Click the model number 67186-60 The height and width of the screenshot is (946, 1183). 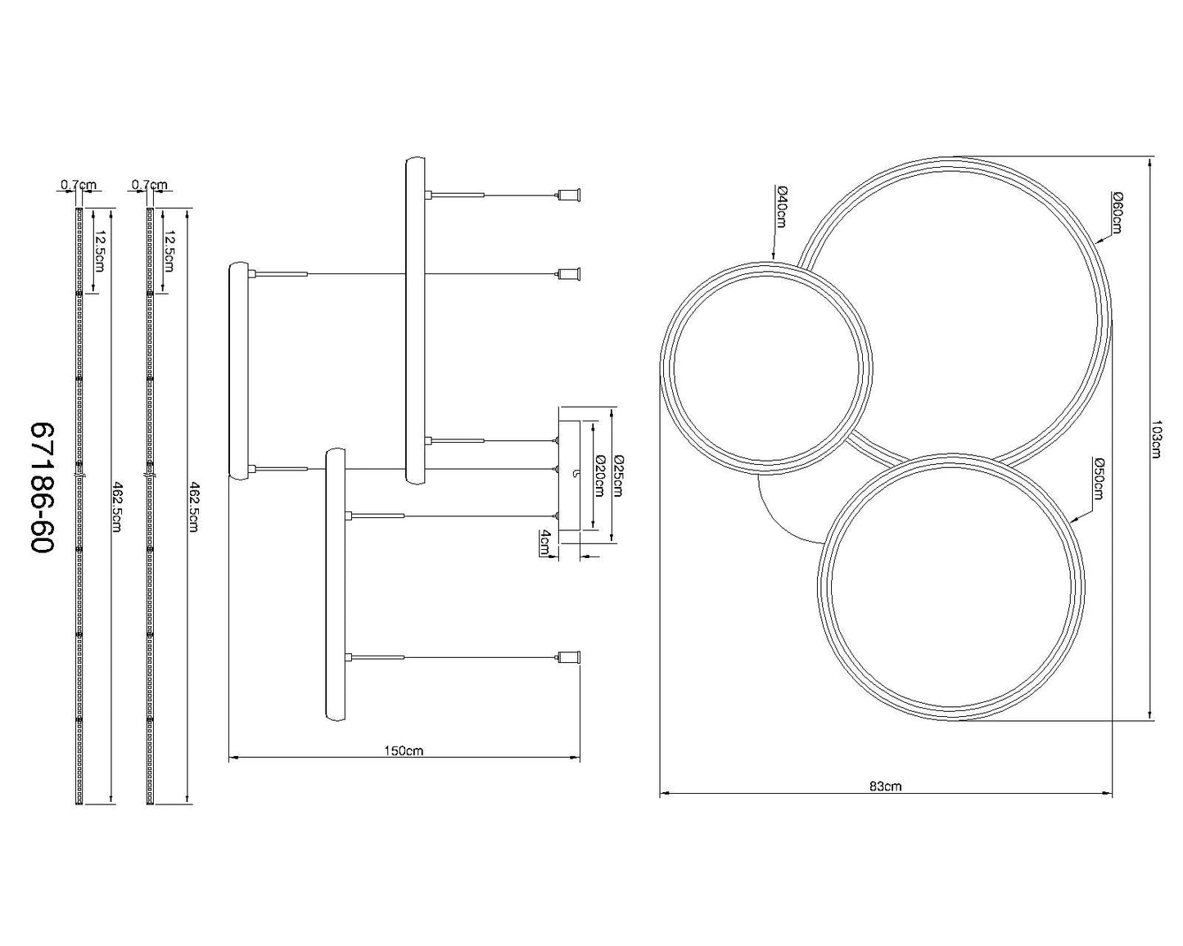[x=43, y=488]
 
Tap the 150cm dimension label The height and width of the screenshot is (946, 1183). [x=404, y=751]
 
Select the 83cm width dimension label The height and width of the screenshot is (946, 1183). [x=885, y=786]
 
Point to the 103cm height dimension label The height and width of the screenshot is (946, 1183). [x=1156, y=439]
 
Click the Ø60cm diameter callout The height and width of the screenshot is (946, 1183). [x=1117, y=212]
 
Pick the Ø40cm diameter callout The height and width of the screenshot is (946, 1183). [x=782, y=207]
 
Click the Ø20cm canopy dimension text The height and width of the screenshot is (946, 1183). [x=598, y=475]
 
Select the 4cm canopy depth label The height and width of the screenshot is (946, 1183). [x=544, y=542]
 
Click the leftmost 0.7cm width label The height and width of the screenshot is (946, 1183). [x=78, y=186]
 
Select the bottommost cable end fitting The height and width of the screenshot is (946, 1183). [x=569, y=656]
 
